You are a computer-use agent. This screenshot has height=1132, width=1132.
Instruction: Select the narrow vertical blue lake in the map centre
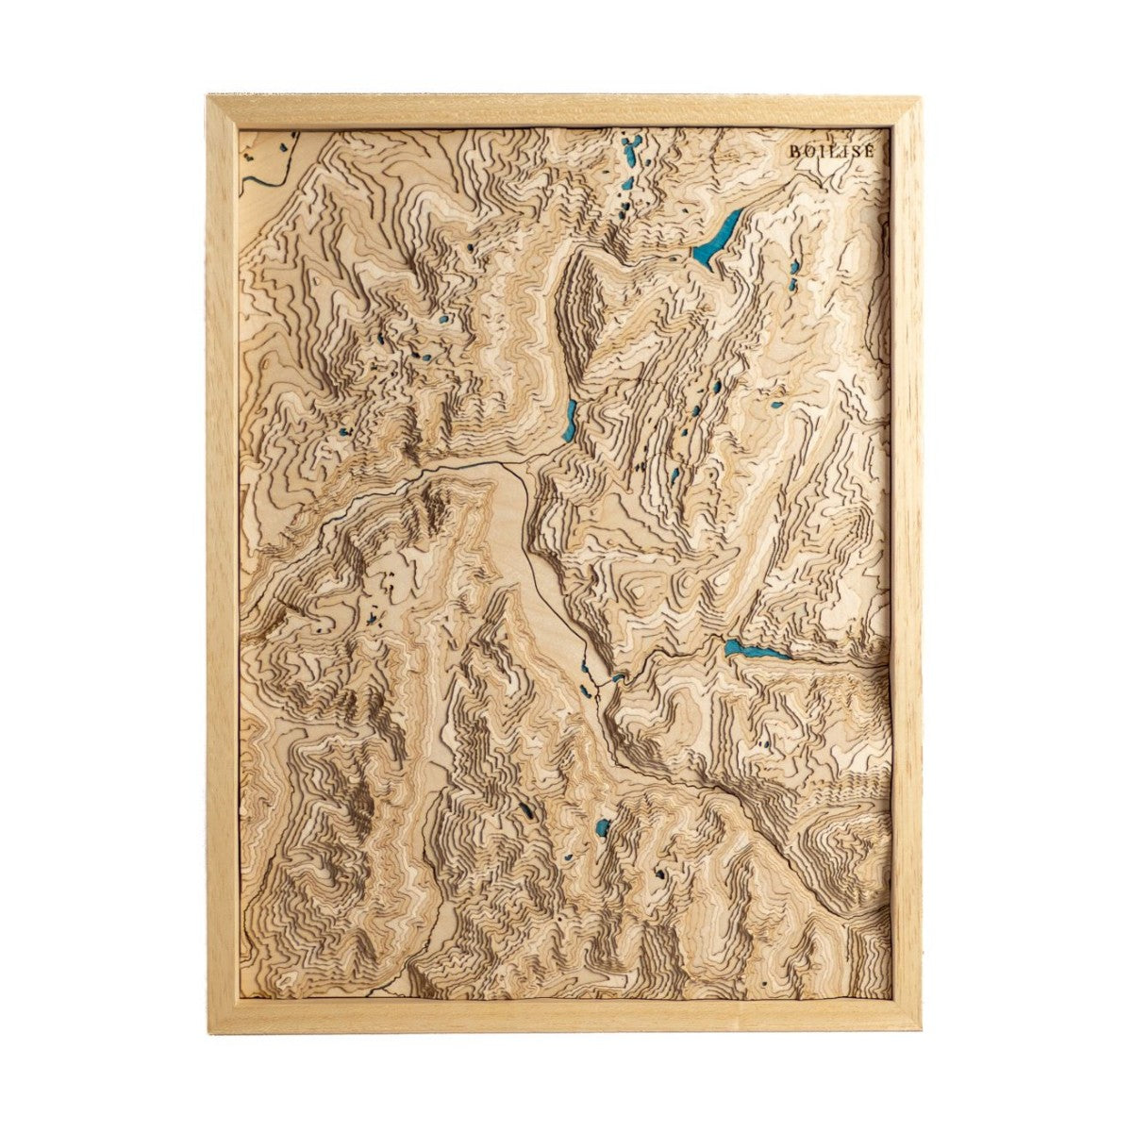[x=570, y=420]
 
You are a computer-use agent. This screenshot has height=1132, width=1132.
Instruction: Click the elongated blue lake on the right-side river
[x=755, y=650]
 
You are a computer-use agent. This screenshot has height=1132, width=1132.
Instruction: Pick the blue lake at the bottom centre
[x=600, y=830]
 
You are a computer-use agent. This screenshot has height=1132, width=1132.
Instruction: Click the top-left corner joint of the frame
[x=222, y=109]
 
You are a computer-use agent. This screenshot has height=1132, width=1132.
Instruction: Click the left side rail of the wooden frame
[x=222, y=566]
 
